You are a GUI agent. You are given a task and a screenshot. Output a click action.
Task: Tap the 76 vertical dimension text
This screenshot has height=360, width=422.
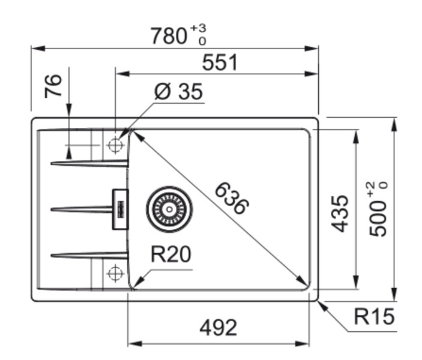point(53,86)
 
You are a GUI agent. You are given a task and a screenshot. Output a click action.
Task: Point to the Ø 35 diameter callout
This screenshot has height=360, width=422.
point(178,92)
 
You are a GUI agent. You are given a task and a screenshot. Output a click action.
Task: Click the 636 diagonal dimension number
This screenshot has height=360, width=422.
point(231,199)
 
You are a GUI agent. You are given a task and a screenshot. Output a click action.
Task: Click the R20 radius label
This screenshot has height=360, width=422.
point(170,255)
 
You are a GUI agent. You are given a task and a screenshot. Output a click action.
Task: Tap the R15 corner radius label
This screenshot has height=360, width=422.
point(374,317)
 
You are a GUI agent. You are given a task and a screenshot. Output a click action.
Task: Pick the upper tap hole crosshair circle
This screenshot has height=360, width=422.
point(115,145)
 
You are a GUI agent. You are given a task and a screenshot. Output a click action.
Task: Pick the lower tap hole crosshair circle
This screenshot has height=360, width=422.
point(115,274)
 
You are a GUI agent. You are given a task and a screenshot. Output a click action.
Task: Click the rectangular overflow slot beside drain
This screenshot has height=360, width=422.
point(119,209)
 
